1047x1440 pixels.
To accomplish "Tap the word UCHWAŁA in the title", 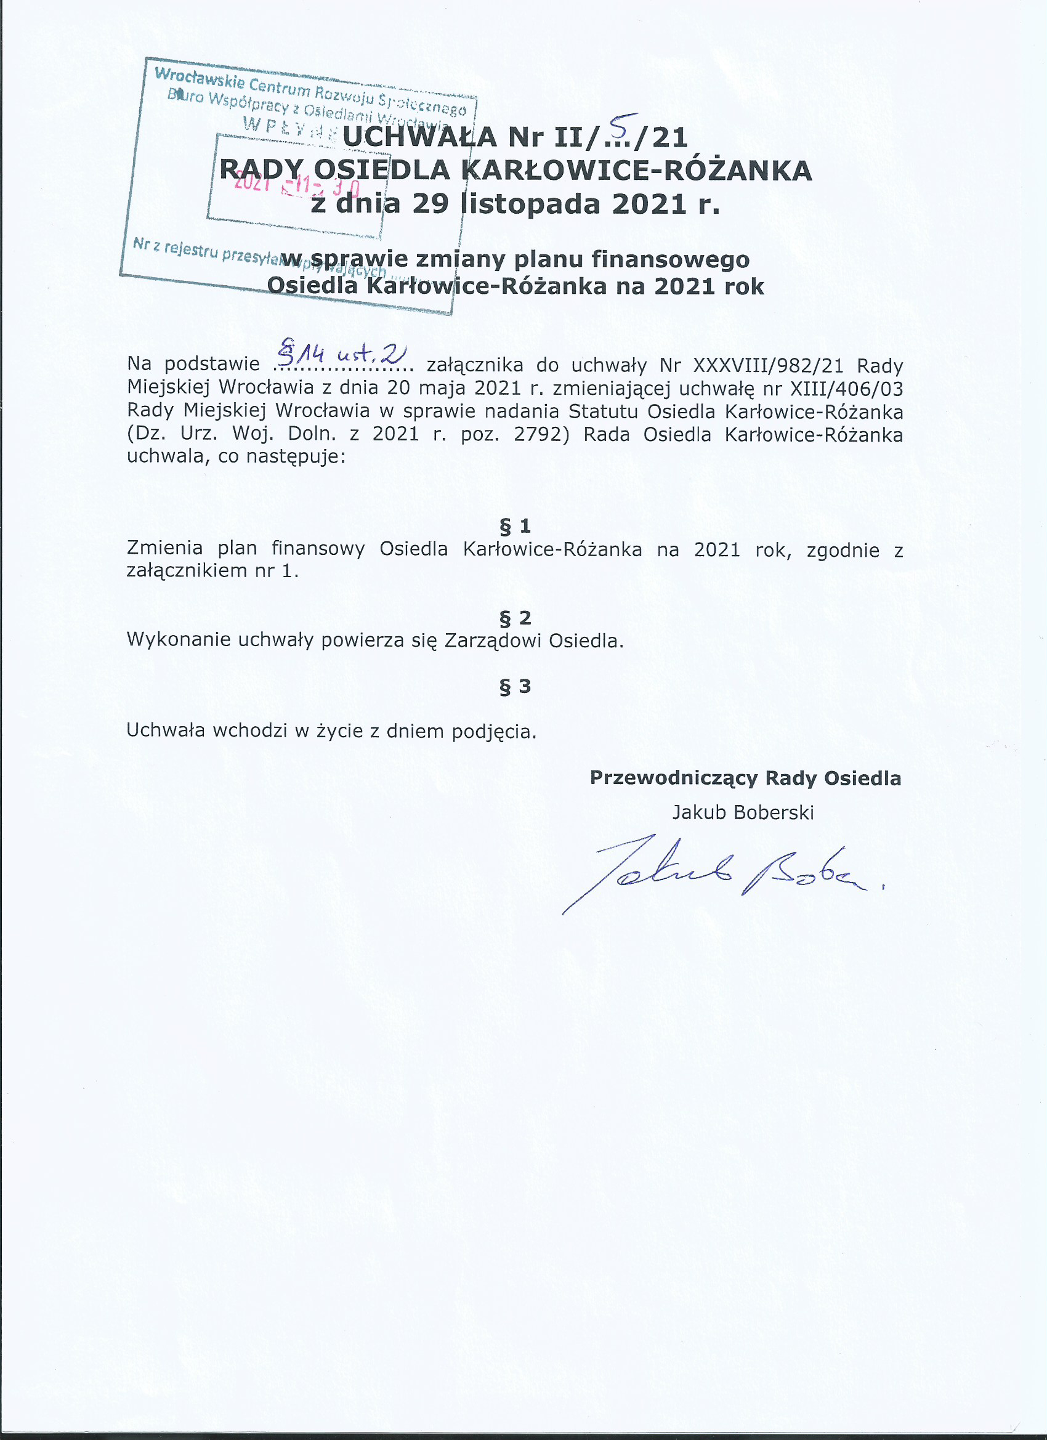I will [420, 137].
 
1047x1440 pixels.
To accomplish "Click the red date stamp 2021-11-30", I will [296, 185].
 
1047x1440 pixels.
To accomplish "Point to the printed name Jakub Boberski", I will [743, 813].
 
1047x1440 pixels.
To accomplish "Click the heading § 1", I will [515, 526].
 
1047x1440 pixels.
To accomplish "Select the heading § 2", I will [515, 617].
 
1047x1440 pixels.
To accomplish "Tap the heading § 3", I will [515, 686].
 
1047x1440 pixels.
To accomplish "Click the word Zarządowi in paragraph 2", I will [493, 640].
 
